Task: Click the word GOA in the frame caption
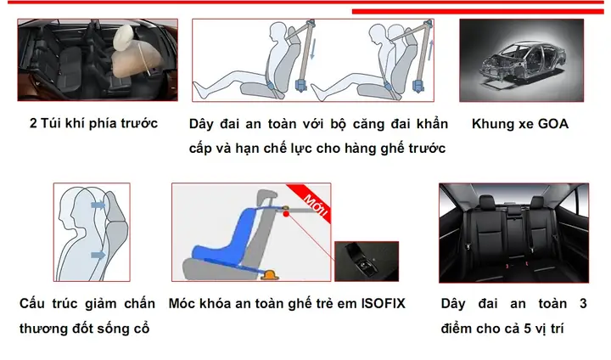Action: [x=552, y=124]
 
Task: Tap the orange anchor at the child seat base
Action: [x=272, y=273]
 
